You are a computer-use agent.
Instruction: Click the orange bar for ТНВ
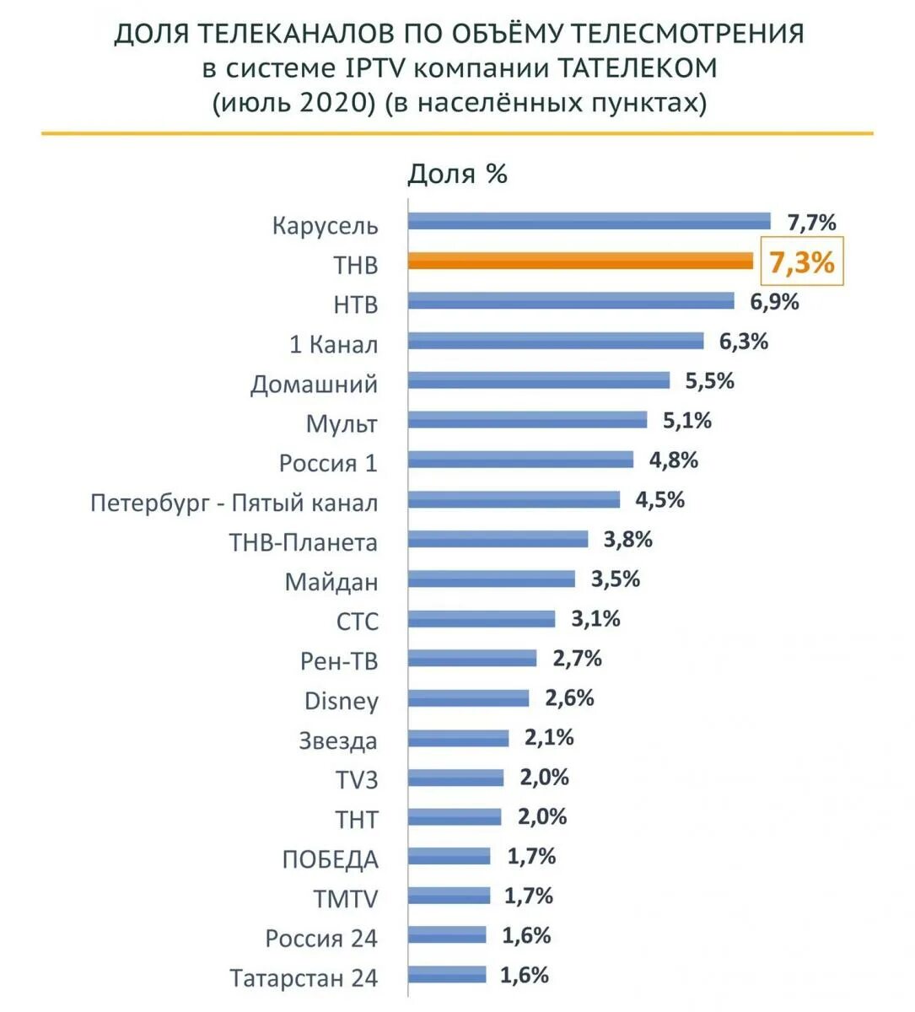point(580,261)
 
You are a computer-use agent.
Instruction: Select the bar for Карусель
point(589,222)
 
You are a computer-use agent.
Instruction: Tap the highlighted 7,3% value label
point(801,262)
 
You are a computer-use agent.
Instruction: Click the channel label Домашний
point(314,385)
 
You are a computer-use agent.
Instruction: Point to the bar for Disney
point(468,698)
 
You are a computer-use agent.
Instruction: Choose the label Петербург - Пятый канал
point(234,503)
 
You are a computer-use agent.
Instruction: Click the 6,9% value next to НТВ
point(774,301)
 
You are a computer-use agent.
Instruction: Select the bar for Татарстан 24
point(447,975)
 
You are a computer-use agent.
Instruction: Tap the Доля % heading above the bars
point(457,174)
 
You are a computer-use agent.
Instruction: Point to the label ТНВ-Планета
point(303,542)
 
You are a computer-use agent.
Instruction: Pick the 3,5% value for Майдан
point(615,579)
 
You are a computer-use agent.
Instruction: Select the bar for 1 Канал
point(556,341)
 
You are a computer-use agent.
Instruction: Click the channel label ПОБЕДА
point(330,859)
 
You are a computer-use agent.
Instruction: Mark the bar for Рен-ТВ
point(472,659)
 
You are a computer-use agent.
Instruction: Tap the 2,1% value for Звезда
point(549,738)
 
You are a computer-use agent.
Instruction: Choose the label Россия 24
point(321,939)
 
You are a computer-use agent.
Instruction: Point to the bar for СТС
point(482,619)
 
